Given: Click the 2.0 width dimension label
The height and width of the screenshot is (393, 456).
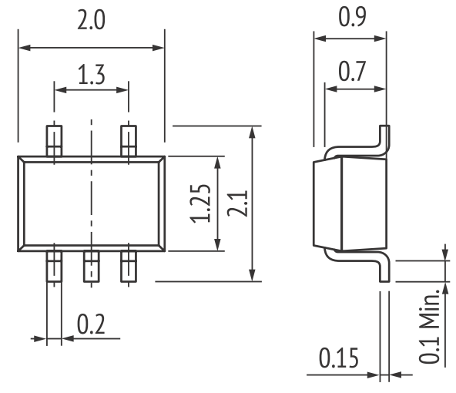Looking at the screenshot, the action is [x=91, y=20].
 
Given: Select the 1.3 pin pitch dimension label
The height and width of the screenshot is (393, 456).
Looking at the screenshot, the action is [x=92, y=75].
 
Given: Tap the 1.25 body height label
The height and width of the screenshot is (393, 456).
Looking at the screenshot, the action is [x=200, y=203].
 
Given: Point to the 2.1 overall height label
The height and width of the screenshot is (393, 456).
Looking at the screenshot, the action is [x=237, y=203].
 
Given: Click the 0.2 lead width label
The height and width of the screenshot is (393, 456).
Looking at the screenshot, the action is [x=91, y=324].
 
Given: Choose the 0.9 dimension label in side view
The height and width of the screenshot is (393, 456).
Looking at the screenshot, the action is [x=352, y=17].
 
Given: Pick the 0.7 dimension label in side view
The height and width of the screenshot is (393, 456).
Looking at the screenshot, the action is [x=352, y=71].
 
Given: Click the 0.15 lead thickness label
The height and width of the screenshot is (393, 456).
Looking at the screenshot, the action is [x=339, y=358].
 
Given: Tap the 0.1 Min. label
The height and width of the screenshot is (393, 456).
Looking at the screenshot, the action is [x=429, y=326].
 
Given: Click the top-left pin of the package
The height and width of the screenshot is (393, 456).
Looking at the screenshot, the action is [x=54, y=141].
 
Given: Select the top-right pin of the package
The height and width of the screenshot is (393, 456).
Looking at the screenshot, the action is [x=129, y=141].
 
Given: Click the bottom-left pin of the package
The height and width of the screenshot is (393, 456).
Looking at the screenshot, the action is [x=54, y=267].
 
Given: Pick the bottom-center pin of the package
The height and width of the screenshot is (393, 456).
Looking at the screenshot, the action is [x=92, y=267].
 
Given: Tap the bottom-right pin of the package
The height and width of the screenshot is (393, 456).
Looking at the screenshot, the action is [x=129, y=267].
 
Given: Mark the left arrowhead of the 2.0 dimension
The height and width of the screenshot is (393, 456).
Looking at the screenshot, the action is [x=25, y=48].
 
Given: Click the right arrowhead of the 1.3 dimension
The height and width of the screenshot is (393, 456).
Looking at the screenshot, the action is [x=122, y=90].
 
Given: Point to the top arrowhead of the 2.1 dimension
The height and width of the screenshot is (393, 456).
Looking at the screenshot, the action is [x=253, y=132].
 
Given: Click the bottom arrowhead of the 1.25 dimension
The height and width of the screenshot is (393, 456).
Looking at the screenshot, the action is [x=217, y=244].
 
